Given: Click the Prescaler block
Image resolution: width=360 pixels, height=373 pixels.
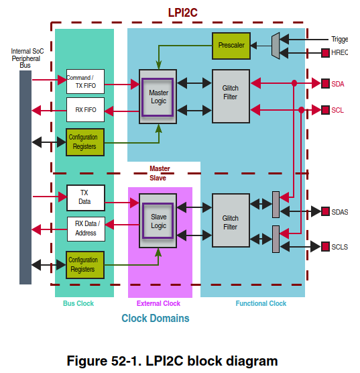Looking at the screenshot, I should (231, 45).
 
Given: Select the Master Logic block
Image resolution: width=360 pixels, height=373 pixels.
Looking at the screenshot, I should (158, 96).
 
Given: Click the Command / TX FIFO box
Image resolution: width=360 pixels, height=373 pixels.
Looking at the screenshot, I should (85, 82).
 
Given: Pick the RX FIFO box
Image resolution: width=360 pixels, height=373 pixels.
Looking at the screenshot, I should (85, 109).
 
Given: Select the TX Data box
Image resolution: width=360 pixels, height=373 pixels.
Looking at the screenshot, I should (85, 197).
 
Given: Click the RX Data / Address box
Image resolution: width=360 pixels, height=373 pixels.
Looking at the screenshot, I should (85, 229).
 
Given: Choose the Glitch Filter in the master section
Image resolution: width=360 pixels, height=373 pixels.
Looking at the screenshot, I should (231, 95).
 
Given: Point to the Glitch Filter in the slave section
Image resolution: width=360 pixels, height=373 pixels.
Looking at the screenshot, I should (231, 221).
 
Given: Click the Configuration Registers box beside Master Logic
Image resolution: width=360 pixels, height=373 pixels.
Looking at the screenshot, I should (85, 142).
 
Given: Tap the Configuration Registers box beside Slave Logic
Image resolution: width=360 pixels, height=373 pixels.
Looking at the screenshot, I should (85, 264).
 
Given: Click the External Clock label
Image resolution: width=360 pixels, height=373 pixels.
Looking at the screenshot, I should (160, 303).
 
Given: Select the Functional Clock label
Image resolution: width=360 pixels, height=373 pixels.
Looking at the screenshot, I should (261, 303).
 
